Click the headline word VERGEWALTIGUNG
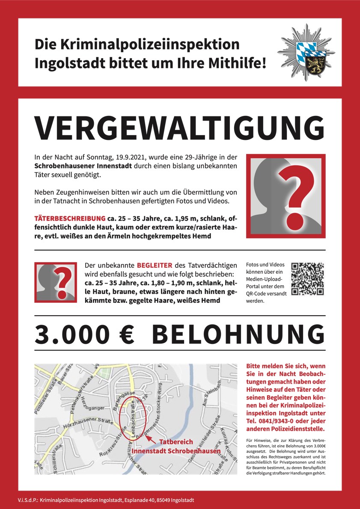coord(179,126)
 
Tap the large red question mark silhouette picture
coord(286,196)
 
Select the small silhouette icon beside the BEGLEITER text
coord(56,282)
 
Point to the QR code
coord(307,279)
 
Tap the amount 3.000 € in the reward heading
coord(85,334)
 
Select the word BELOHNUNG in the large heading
coord(238,334)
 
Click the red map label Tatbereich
coord(176,442)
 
